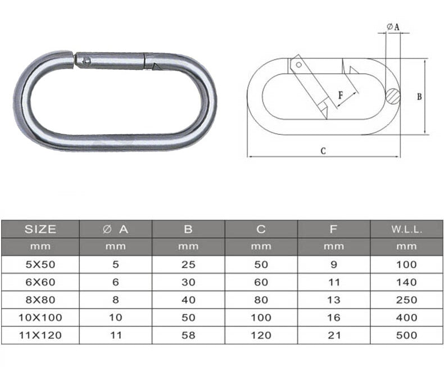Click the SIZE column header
(40, 229)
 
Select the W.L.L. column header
(406, 229)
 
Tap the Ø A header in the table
(116, 229)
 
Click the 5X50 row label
(40, 264)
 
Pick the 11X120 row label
(40, 335)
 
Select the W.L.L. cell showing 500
(406, 335)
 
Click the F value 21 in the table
(334, 335)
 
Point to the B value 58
(188, 335)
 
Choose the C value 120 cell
(261, 335)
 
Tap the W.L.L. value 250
(406, 300)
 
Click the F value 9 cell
(334, 264)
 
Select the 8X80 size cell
(40, 300)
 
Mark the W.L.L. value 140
(406, 282)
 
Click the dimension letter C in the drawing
(323, 151)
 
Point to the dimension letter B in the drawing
(419, 97)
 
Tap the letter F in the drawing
(341, 96)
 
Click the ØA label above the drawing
(393, 27)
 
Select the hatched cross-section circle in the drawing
(393, 96)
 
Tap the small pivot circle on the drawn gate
(299, 65)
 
